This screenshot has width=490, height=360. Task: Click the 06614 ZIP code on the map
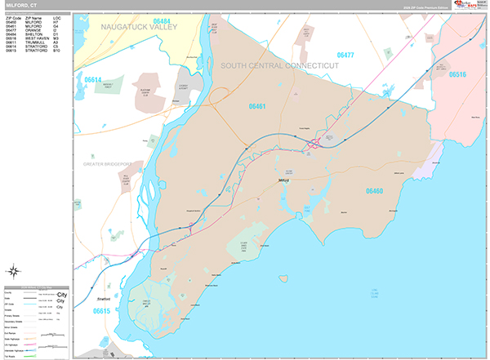[92, 80]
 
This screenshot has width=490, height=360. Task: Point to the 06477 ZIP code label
[345, 55]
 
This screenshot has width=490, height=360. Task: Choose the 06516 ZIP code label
[457, 74]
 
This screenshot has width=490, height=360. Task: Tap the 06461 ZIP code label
[259, 105]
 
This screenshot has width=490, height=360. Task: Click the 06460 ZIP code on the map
[374, 190]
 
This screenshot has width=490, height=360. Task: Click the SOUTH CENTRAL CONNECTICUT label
[279, 65]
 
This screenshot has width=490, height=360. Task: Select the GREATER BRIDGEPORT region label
[107, 164]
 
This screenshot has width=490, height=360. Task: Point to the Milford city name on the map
[284, 179]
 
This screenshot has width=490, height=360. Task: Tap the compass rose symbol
[14, 271]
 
